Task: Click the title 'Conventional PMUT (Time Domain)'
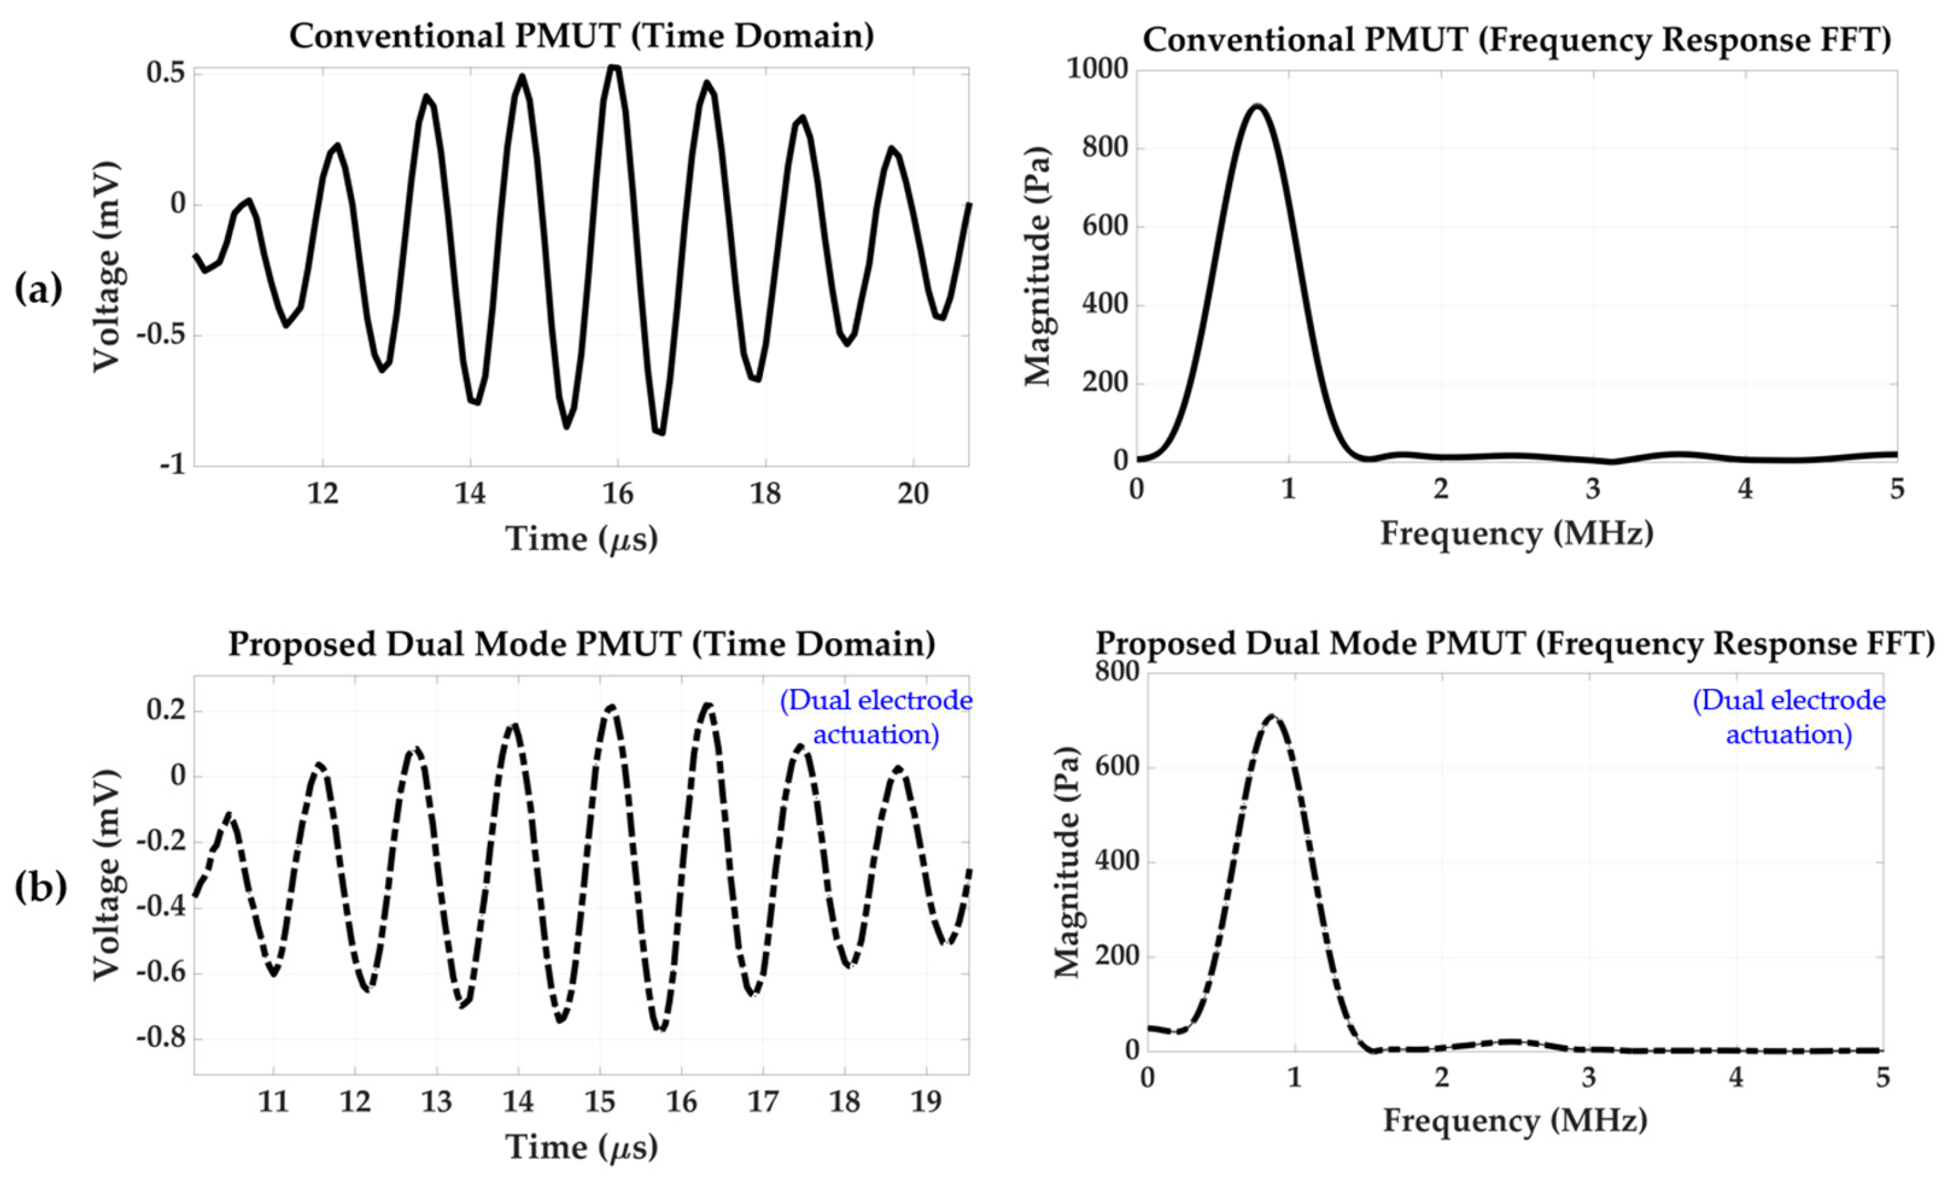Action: tap(581, 37)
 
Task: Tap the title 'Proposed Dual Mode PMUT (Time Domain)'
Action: tap(581, 644)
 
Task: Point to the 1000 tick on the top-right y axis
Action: tap(1096, 70)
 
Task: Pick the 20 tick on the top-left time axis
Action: tap(913, 494)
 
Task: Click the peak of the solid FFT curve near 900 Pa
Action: tap(1256, 106)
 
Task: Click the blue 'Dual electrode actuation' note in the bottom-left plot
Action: tap(876, 718)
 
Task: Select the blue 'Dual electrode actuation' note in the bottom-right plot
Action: tap(1789, 718)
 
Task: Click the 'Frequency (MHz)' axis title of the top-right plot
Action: tap(1516, 534)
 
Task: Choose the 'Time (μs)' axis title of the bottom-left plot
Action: tap(581, 1147)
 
